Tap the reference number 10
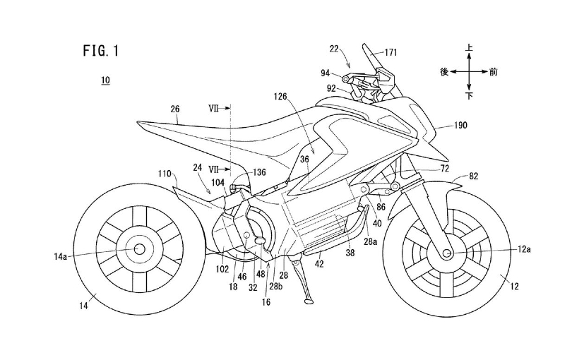coord(105,81)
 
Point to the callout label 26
coord(174,109)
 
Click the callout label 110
coord(165,173)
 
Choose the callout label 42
coord(318,263)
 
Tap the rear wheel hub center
coord(137,248)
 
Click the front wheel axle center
coord(448,251)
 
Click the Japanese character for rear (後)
coord(444,71)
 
